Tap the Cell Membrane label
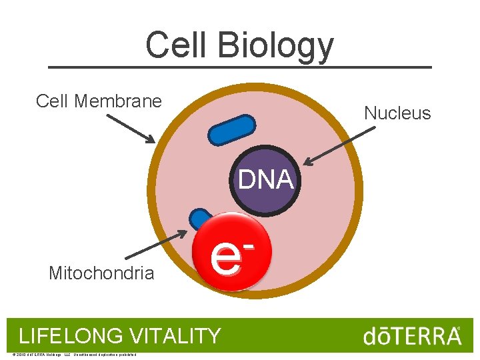pos(99,101)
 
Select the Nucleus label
pos(397,113)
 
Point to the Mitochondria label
pos(101,273)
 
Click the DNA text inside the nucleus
pos(266,179)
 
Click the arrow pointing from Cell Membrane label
pos(131,128)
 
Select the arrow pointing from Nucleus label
pos(339,146)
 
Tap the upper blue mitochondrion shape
pos(231,130)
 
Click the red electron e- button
pos(231,253)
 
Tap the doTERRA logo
pos(411,336)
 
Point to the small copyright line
pos(74,354)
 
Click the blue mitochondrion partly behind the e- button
pos(200,219)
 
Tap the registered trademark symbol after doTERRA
pos(457,329)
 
